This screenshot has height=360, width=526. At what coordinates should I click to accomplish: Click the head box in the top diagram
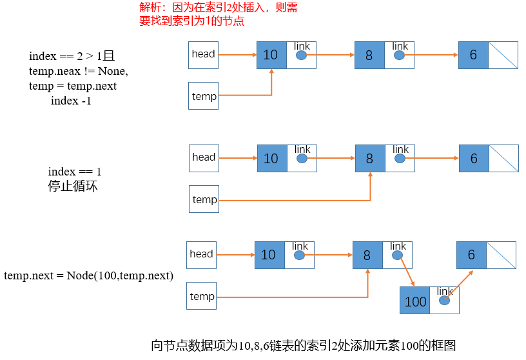tap(203, 54)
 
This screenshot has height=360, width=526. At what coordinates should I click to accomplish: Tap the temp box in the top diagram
tap(204, 96)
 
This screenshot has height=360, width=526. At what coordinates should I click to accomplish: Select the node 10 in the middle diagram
tap(271, 158)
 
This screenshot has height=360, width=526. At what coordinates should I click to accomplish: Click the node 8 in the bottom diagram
tap(367, 255)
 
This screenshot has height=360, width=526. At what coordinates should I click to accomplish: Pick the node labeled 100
tap(415, 301)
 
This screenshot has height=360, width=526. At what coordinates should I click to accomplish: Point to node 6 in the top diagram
tap(474, 55)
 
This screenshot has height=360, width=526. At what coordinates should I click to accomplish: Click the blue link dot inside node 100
tap(445, 301)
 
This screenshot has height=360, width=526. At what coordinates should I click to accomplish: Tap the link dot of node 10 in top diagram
tap(302, 55)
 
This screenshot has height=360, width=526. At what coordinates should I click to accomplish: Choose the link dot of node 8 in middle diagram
tap(400, 159)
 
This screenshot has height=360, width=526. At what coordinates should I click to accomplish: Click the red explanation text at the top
tap(219, 14)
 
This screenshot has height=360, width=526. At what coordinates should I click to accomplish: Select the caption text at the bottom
tap(303, 345)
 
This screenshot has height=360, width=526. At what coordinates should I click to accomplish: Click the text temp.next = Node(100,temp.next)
tap(88, 275)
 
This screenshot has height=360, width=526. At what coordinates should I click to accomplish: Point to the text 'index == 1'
tap(75, 172)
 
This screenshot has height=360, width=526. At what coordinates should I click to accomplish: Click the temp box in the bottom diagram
tap(202, 296)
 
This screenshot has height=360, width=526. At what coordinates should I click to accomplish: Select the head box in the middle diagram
tap(204, 157)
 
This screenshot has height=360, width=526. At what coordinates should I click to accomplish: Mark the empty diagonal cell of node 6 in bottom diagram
tap(501, 255)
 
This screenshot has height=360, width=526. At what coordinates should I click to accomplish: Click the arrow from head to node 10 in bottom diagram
tap(235, 255)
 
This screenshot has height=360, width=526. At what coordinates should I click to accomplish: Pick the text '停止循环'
tap(73, 187)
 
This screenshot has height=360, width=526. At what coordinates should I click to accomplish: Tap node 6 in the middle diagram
tap(474, 158)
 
